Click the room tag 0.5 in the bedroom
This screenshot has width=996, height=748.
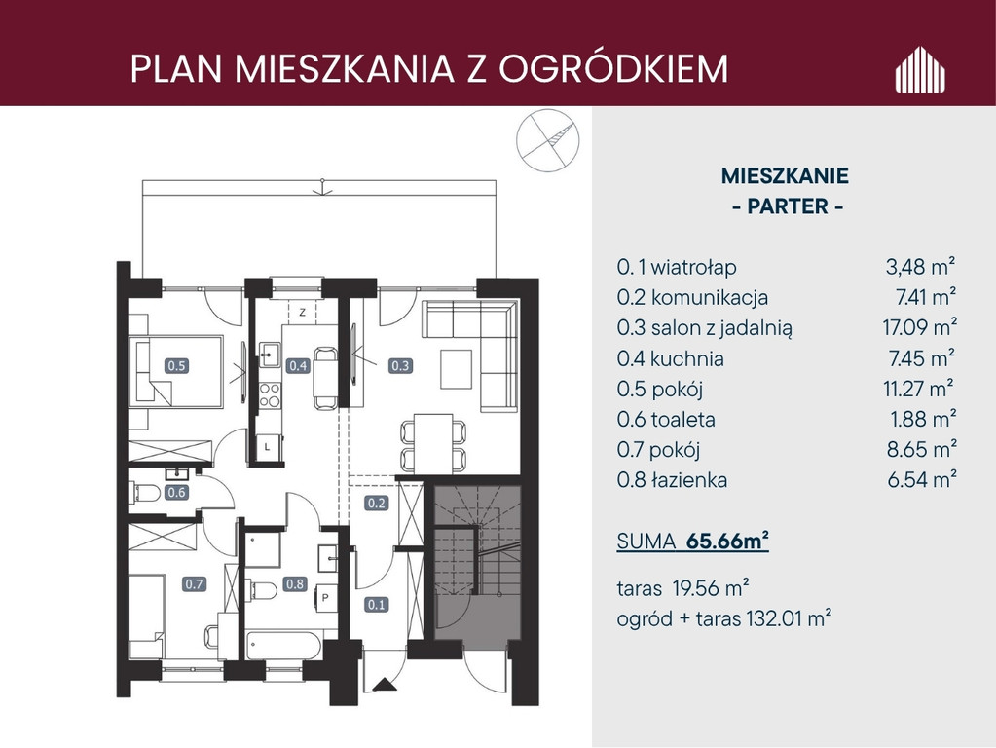(176, 365)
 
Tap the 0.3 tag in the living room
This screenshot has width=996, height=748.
(400, 365)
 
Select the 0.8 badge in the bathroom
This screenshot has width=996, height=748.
(295, 583)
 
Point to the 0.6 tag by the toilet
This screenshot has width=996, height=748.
(176, 492)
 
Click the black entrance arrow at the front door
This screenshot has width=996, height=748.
(384, 685)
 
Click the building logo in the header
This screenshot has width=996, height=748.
(920, 69)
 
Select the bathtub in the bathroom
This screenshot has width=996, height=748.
(283, 647)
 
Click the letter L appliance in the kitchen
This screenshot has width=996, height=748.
(267, 447)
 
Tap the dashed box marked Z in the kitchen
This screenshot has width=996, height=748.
(303, 312)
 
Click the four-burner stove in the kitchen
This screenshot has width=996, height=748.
(270, 394)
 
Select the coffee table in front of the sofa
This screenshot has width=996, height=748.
(456, 368)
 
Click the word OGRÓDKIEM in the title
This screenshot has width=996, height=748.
(613, 68)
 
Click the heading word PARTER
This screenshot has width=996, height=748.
(788, 206)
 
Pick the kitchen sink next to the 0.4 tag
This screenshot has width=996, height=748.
(270, 354)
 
